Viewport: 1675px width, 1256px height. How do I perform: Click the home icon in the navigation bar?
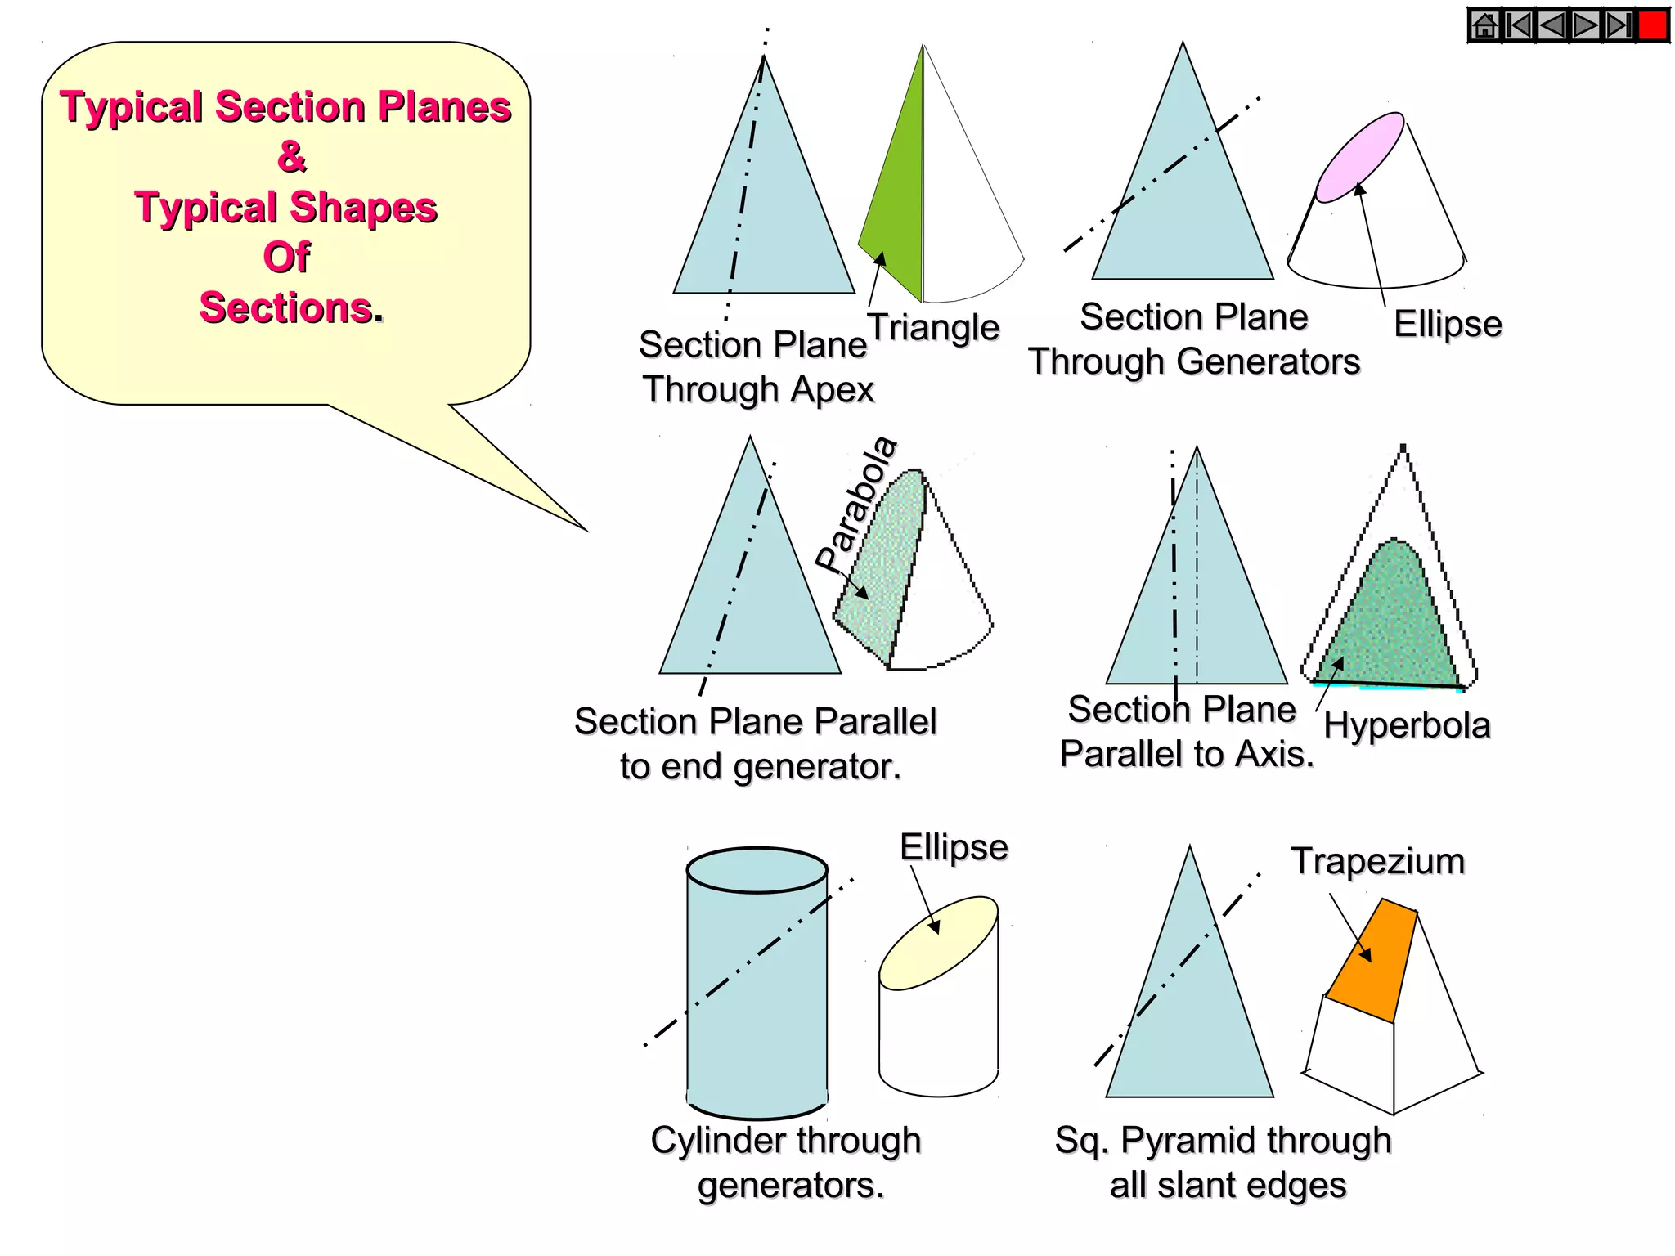coord(1484,26)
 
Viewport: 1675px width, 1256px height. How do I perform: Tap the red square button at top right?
coord(1652,25)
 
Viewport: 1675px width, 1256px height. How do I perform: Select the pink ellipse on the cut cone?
coord(1359,157)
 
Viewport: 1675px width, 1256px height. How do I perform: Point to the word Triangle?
coord(933,328)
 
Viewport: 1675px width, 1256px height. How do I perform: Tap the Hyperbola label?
coord(1407,725)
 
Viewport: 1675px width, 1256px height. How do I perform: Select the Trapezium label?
coord(1377,861)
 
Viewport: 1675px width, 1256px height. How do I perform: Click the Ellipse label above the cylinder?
coord(954,847)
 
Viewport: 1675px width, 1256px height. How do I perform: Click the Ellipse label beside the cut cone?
coord(1448,324)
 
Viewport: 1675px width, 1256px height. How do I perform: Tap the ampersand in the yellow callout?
coord(291,156)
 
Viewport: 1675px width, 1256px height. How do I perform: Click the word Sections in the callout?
coord(287,308)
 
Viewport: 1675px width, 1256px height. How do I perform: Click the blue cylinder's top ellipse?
coord(757,870)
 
